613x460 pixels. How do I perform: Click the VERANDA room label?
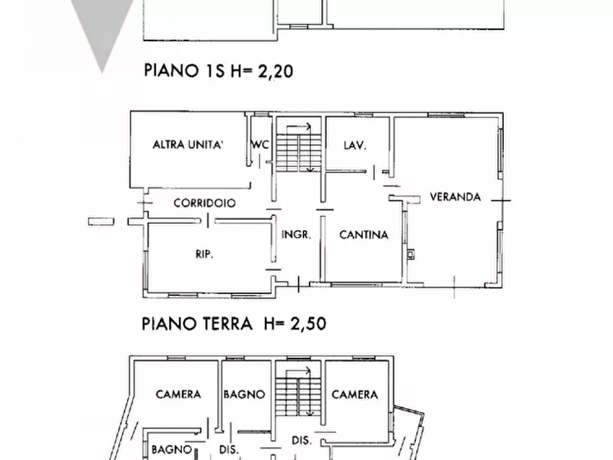click(x=455, y=196)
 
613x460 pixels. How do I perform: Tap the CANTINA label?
click(x=364, y=235)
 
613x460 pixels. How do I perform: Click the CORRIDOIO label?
click(x=205, y=203)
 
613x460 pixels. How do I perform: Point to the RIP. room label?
click(x=205, y=254)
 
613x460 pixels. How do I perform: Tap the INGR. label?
click(x=297, y=235)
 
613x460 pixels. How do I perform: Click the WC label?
click(x=260, y=145)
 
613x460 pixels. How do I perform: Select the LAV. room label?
click(x=354, y=145)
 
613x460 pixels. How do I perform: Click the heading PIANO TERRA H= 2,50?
click(x=233, y=323)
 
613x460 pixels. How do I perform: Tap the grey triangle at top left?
click(x=102, y=27)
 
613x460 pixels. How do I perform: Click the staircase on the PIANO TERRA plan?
click(x=299, y=148)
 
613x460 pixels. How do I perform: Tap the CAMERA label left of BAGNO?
click(x=178, y=394)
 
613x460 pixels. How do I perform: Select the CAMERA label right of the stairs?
click(x=355, y=394)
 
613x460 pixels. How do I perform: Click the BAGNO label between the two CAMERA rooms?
click(x=244, y=394)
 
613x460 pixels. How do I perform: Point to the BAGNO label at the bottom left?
click(x=171, y=449)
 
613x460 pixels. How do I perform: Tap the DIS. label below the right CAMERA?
click(x=301, y=440)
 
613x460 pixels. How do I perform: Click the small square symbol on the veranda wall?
click(x=410, y=255)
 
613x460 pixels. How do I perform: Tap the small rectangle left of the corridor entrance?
click(x=101, y=220)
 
